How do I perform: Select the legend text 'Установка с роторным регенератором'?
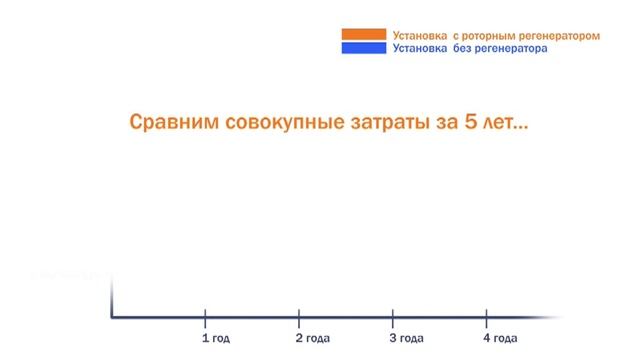[496, 35]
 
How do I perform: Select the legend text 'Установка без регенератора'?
[470, 48]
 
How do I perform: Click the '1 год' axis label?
[215, 338]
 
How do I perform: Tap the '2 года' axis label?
[310, 338]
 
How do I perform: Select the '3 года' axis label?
[405, 338]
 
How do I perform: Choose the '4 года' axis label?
[498, 338]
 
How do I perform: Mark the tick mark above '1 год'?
[205, 318]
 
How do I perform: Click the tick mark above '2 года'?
[299, 318]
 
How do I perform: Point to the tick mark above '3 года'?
[392, 318]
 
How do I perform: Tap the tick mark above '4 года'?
[486, 318]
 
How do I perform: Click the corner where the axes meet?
[112, 318]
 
